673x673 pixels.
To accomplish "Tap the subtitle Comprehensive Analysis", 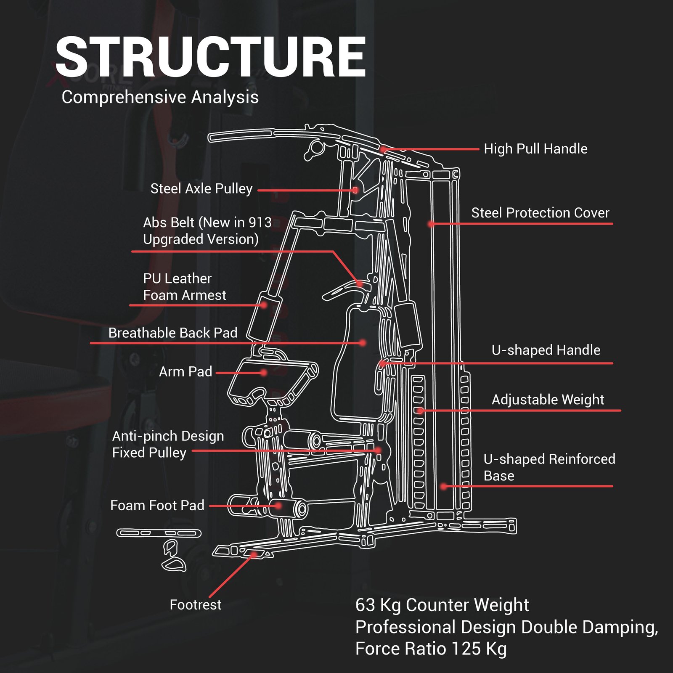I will (160, 97).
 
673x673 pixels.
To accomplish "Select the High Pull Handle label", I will (535, 149).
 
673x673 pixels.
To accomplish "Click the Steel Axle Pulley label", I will (201, 189).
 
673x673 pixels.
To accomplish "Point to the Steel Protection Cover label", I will (540, 213).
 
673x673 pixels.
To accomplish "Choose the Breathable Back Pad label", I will (173, 333).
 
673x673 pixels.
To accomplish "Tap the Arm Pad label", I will (185, 372).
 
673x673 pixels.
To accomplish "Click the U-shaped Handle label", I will (546, 350).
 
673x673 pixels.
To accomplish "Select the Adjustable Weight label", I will (548, 400).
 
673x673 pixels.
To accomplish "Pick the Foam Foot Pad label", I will (157, 505).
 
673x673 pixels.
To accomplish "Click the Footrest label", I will (195, 605).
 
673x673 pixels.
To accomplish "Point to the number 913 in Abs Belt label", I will (260, 223).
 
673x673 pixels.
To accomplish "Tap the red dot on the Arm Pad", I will (264, 373).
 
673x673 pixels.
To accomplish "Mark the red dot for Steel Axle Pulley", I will (355, 190).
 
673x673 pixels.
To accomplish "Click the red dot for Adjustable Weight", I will (420, 411).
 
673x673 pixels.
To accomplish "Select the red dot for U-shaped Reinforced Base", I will (443, 486).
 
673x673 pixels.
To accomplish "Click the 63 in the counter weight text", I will (365, 605).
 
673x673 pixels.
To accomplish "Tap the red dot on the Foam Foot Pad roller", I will (278, 506).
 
